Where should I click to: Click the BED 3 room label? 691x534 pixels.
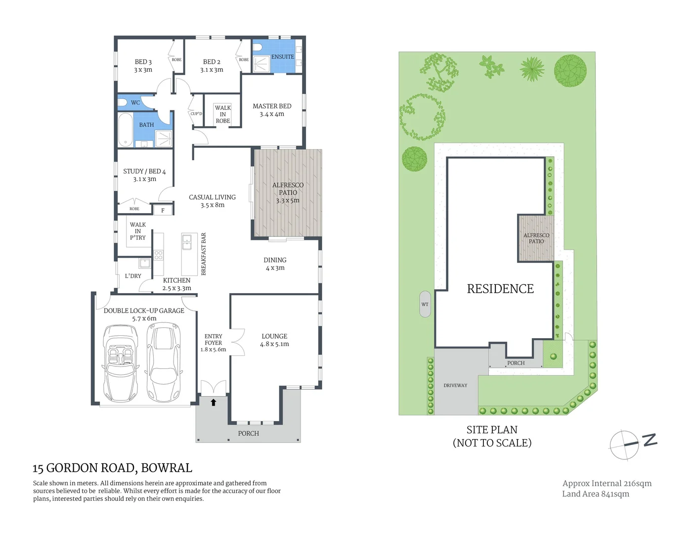coord(143,66)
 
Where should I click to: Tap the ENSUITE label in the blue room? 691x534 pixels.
coord(282,57)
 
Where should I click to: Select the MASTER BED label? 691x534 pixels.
coord(272,110)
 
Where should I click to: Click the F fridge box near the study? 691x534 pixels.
coord(163,211)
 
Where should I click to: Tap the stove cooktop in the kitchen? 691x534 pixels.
coord(158,255)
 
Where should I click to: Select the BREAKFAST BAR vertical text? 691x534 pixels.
coord(204,254)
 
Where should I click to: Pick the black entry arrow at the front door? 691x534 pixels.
coord(214,402)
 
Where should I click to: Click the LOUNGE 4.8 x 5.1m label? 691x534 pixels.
coord(274,340)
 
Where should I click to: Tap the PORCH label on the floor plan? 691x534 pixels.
coord(248,434)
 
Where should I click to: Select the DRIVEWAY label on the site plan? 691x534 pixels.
coord(455,386)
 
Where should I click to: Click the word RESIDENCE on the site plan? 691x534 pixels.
coord(500,289)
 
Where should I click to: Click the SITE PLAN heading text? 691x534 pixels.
coord(492,430)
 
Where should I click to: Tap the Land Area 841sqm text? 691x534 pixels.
coord(595,494)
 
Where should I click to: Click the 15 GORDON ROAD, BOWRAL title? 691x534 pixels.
coord(112,468)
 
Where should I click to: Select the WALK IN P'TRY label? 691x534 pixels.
coord(138,231)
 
